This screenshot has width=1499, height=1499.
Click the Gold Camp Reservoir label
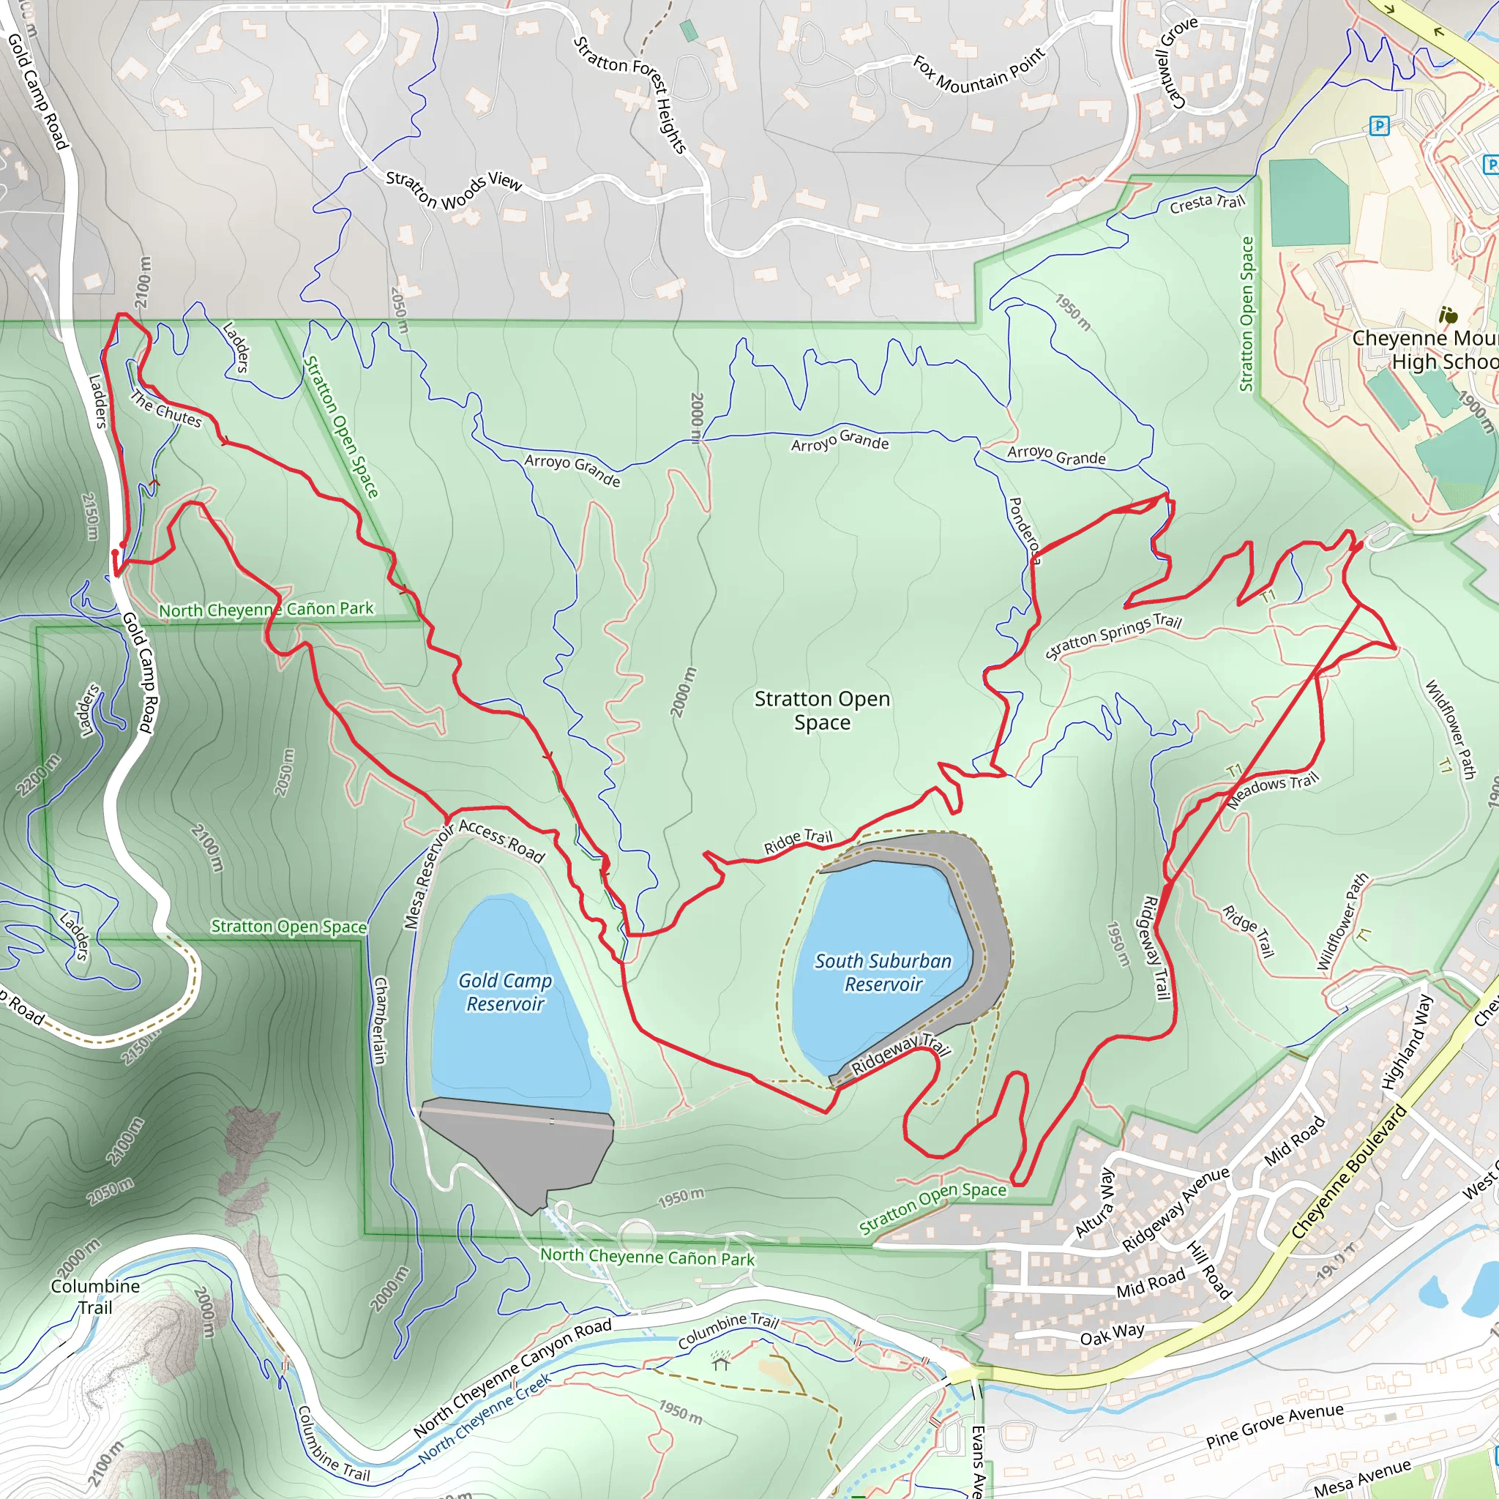tap(505, 992)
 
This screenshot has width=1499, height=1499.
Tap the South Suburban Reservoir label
tap(883, 972)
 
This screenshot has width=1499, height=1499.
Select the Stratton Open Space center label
tap(822, 710)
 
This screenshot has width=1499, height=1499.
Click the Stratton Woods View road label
tap(454, 190)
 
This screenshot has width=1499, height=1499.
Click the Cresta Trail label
tap(1206, 203)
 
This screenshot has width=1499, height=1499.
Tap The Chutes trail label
tap(165, 410)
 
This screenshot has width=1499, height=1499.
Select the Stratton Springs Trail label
tap(1113, 635)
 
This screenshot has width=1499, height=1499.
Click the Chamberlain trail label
tap(379, 1020)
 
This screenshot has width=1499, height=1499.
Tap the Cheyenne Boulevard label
tap(1348, 1173)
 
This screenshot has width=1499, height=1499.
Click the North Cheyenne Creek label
tap(485, 1418)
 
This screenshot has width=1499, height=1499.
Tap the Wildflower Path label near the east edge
tap(1449, 729)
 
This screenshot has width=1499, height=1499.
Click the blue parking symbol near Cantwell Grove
tap(1379, 126)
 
